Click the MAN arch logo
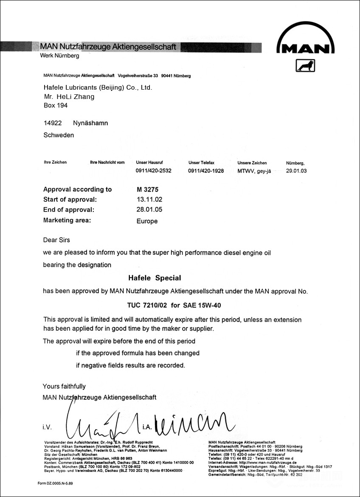coord(306,42)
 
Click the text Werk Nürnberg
coord(59,56)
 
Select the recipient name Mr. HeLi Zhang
coord(69,97)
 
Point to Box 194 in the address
coord(56,105)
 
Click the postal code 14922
coord(53,123)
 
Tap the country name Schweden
coord(59,135)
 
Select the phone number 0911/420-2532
coord(153,171)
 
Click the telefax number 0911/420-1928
coord(206,171)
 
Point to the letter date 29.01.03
coord(296,171)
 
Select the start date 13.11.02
coord(149,199)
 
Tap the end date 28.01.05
coord(149,209)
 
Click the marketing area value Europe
coord(147,221)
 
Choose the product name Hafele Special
coord(155,278)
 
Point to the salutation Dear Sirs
coord(56,240)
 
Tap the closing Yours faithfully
coord(64,386)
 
